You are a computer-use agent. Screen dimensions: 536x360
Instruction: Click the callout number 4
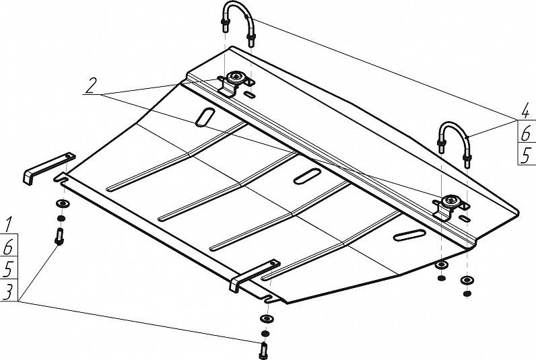pyautogui.click(x=526, y=112)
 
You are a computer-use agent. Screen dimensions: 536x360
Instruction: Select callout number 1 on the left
pyautogui.click(x=9, y=226)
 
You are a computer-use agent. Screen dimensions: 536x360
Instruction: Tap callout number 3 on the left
pyautogui.click(x=8, y=291)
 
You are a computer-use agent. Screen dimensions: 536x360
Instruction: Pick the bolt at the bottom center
pyautogui.click(x=263, y=351)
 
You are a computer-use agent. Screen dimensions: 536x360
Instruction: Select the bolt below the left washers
pyautogui.click(x=59, y=236)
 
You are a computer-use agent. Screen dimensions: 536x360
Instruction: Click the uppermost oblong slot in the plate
pyautogui.click(x=205, y=117)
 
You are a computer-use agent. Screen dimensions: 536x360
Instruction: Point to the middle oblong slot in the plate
pyautogui.click(x=307, y=176)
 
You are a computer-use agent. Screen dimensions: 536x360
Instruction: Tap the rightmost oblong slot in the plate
pyautogui.click(x=409, y=236)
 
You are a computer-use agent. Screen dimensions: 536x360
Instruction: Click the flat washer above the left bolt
pyautogui.click(x=63, y=204)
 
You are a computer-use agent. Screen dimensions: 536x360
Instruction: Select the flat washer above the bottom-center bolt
pyautogui.click(x=267, y=319)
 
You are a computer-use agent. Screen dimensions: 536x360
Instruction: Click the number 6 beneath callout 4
pyautogui.click(x=526, y=134)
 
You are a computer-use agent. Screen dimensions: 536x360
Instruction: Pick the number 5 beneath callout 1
pyautogui.click(x=8, y=269)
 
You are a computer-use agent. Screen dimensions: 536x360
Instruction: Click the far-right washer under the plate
pyautogui.click(x=467, y=281)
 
